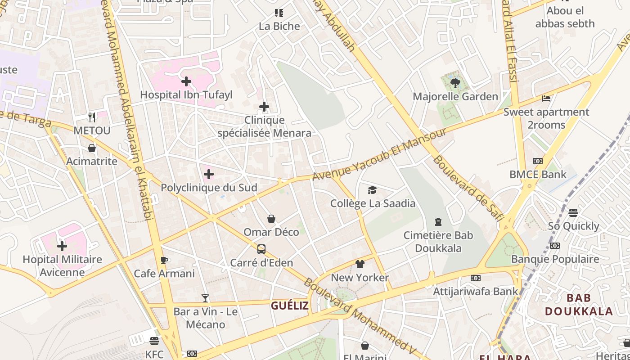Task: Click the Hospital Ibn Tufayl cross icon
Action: tap(186, 81)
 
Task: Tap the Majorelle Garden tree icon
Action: tap(455, 83)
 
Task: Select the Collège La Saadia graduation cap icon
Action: tap(372, 190)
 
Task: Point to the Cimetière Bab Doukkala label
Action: tap(438, 241)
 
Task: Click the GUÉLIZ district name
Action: tap(290, 306)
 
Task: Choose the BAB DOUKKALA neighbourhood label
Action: tap(579, 304)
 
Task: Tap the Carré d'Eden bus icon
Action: tap(261, 249)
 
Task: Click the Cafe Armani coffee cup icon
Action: tap(164, 260)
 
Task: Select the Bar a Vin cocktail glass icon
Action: tap(205, 298)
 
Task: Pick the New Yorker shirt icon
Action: tap(360, 264)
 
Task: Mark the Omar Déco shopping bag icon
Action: tap(271, 219)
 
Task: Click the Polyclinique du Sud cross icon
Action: tap(209, 174)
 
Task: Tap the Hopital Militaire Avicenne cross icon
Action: tap(62, 246)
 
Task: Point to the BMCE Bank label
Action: tap(538, 174)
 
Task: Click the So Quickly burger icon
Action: tap(573, 212)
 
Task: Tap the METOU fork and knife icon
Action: tap(92, 117)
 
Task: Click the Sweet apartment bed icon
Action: tap(546, 98)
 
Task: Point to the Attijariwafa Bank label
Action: tap(476, 292)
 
